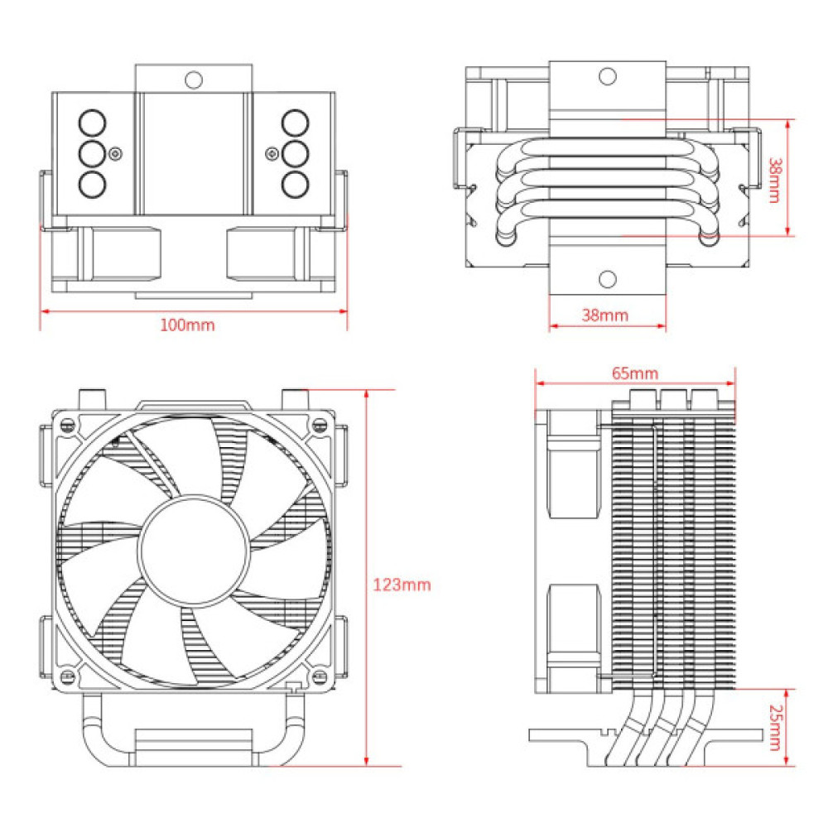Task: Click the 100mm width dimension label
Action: click(x=187, y=325)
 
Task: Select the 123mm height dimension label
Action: click(x=402, y=585)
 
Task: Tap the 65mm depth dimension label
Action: click(x=634, y=373)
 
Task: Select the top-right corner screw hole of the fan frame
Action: click(x=319, y=425)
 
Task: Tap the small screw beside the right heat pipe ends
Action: click(x=272, y=152)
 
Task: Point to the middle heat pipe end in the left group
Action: click(x=93, y=153)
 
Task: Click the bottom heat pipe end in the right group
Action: click(x=294, y=183)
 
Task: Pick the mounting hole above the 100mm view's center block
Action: click(x=194, y=79)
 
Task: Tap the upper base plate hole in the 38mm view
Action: click(x=608, y=77)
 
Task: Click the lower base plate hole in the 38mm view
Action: click(x=608, y=279)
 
